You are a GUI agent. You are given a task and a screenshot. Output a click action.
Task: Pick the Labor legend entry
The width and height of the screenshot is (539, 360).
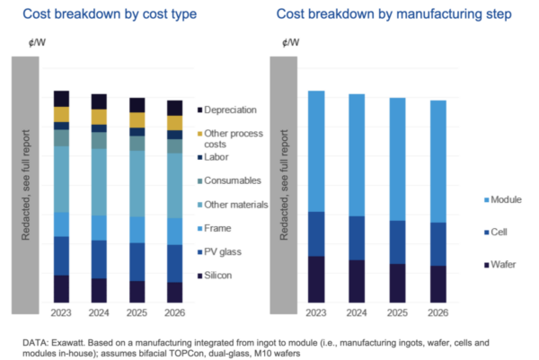tap(216, 157)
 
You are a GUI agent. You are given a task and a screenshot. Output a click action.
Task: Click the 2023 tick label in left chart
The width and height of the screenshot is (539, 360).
tap(61, 312)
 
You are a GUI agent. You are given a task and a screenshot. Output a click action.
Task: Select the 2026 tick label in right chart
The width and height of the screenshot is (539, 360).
tap(437, 312)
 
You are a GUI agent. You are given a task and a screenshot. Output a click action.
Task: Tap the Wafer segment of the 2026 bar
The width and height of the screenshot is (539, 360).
tap(437, 284)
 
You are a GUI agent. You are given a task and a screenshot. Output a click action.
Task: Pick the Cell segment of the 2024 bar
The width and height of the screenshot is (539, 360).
tap(357, 238)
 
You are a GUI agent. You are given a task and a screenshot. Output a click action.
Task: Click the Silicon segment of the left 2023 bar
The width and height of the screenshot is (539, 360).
tap(61, 288)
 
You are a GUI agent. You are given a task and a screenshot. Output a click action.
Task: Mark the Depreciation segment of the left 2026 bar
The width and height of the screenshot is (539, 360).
tap(174, 108)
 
